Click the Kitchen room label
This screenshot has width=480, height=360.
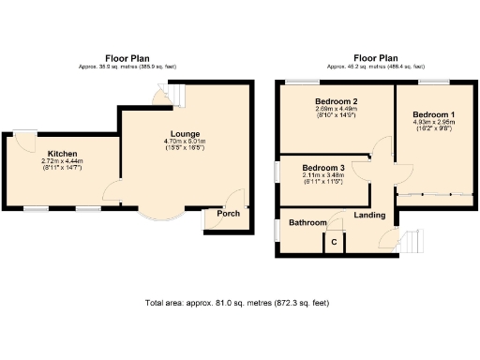click(63, 153)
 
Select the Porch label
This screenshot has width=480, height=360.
click(228, 214)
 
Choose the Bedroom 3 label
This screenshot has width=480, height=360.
click(322, 168)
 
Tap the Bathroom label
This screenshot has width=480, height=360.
click(307, 223)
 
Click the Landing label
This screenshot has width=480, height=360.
click(370, 215)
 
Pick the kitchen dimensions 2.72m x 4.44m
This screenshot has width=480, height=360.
click(63, 161)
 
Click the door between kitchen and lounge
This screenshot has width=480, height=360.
click(112, 194)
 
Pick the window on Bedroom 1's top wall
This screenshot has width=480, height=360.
click(439, 83)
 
